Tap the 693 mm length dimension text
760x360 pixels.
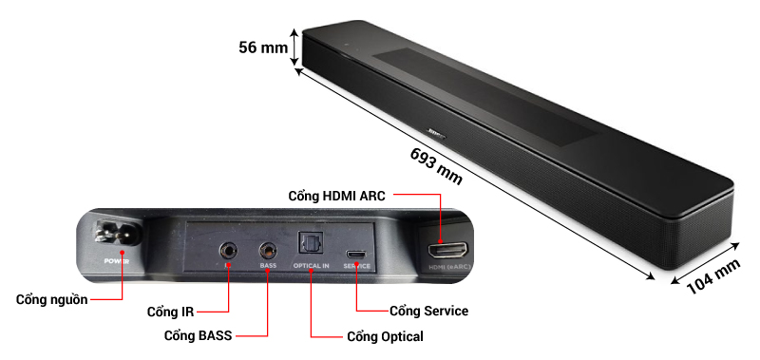(x=436, y=165)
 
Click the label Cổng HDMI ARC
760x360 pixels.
(x=336, y=195)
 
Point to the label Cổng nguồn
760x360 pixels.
(x=52, y=300)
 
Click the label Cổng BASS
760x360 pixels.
(x=199, y=335)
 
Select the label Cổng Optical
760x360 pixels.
(x=385, y=336)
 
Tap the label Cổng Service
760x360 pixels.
(x=429, y=311)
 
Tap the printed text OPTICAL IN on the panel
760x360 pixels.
(x=311, y=267)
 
